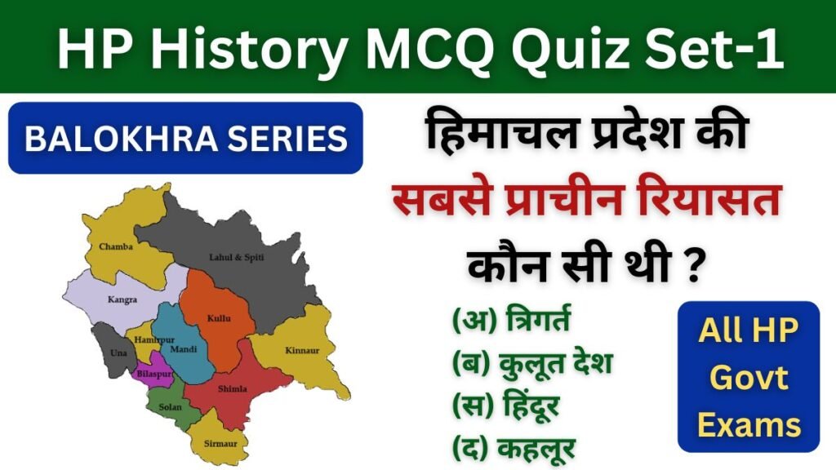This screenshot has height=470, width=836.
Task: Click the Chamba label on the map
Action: click(x=116, y=246)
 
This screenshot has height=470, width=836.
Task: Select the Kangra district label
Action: click(x=122, y=299)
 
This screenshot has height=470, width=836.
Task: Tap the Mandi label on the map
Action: click(x=183, y=348)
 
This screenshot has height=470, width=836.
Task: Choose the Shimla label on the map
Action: click(x=232, y=388)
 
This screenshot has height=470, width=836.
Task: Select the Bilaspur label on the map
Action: click(x=153, y=373)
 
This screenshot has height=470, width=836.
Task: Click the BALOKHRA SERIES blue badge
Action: click(x=185, y=139)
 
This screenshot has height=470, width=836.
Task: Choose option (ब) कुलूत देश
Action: click(x=531, y=362)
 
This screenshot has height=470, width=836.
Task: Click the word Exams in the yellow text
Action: click(x=748, y=424)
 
